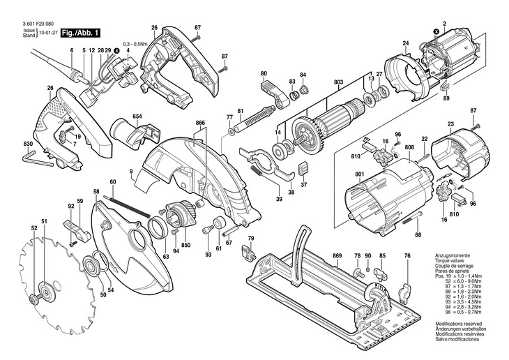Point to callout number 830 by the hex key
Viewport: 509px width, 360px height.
pyautogui.click(x=28, y=144)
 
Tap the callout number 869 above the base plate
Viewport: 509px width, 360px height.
pyautogui.click(x=337, y=256)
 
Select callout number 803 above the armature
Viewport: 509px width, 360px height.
pyautogui.click(x=339, y=82)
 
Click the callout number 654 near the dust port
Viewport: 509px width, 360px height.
pyautogui.click(x=137, y=115)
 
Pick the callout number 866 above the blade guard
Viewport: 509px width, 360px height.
pyautogui.click(x=200, y=123)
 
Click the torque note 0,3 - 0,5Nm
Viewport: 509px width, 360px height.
pyautogui.click(x=135, y=43)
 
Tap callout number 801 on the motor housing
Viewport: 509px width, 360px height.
pyautogui.click(x=360, y=174)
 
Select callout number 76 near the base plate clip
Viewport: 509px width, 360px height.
pyautogui.click(x=407, y=256)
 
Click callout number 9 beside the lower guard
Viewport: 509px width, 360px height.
pyautogui.click(x=130, y=171)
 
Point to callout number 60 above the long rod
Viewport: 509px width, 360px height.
pyautogui.click(x=112, y=182)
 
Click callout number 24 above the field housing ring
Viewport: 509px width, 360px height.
pyautogui.click(x=405, y=44)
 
